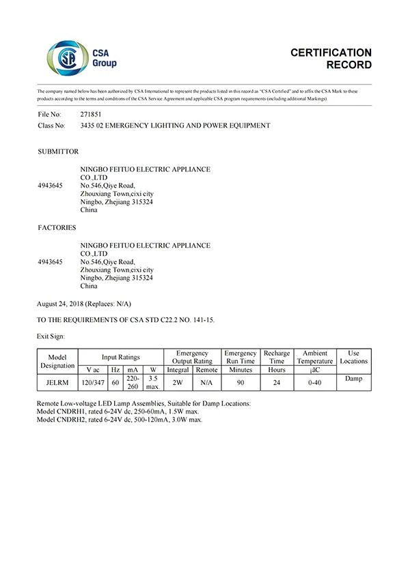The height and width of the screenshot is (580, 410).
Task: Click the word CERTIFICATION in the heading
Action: (x=331, y=53)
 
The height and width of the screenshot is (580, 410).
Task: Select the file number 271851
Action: (x=92, y=115)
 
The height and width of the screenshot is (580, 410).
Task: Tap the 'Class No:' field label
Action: (x=51, y=126)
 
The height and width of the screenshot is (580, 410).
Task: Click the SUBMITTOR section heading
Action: (x=58, y=151)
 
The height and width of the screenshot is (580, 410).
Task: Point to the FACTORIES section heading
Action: (x=57, y=228)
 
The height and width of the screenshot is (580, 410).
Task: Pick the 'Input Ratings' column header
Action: (x=120, y=357)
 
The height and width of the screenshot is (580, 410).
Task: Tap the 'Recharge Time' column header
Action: (x=277, y=357)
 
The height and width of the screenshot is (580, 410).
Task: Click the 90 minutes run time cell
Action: (x=241, y=382)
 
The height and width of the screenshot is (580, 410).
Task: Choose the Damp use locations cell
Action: (x=353, y=378)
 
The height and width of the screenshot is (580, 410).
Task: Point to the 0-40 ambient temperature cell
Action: (x=315, y=382)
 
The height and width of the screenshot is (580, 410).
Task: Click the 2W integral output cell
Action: (x=178, y=382)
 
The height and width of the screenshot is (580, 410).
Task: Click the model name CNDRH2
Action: (x=70, y=420)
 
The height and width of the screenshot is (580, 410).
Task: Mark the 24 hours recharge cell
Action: (x=277, y=382)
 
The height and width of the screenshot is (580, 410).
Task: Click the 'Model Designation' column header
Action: (x=57, y=361)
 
